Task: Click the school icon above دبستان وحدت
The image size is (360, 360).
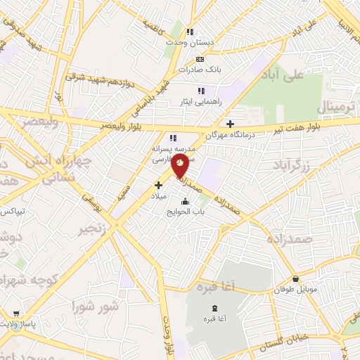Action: coord(190,32)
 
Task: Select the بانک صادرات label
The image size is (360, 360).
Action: coord(199,70)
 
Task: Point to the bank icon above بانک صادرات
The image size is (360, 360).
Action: coord(200,59)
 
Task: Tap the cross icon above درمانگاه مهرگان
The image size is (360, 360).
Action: coord(230,124)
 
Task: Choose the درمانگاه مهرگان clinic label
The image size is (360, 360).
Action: coord(229,134)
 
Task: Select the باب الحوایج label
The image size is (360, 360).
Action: coord(186,212)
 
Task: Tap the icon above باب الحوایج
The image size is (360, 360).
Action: coord(186,202)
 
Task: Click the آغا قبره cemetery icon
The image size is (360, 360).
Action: coord(214,309)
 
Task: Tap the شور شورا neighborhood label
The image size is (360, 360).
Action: coord(94,307)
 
